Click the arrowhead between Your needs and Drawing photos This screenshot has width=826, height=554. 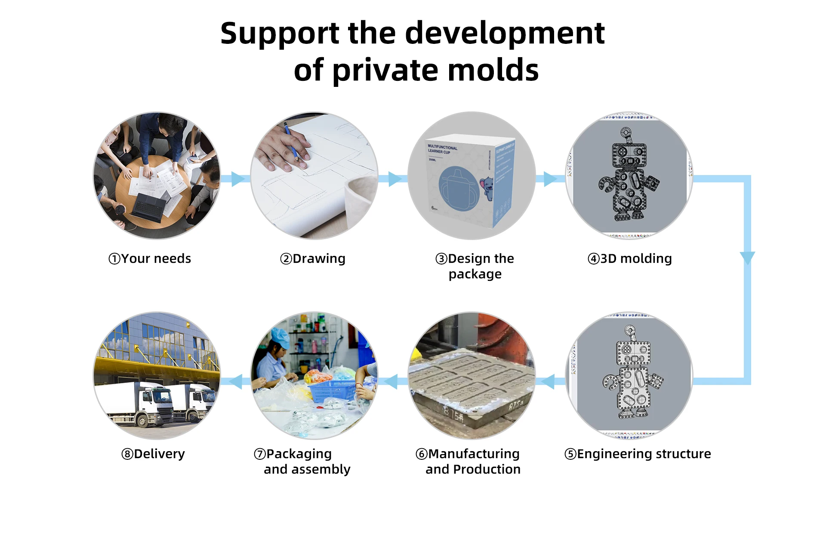tap(238, 179)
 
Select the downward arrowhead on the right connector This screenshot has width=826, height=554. tap(747, 258)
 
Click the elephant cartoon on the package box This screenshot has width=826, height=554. tap(487, 188)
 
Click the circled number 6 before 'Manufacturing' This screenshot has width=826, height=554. tap(422, 454)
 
